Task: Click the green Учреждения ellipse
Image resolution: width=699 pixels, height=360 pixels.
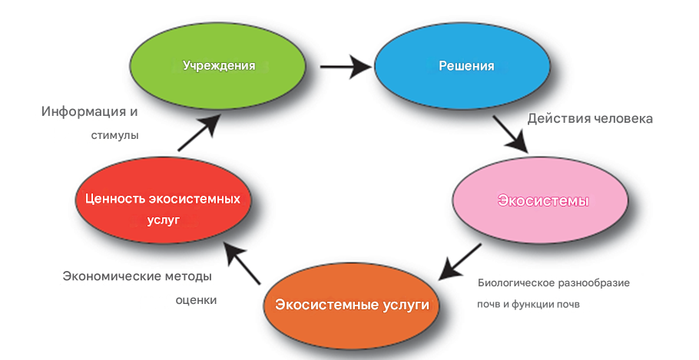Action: [218, 66]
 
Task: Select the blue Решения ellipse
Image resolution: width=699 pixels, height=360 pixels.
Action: [465, 66]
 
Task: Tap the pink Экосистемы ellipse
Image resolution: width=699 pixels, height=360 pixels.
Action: [542, 202]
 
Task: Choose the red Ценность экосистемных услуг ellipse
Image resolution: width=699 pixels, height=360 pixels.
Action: [163, 208]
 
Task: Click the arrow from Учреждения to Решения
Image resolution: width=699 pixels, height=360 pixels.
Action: [345, 66]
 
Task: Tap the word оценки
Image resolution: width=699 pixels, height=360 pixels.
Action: [195, 300]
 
